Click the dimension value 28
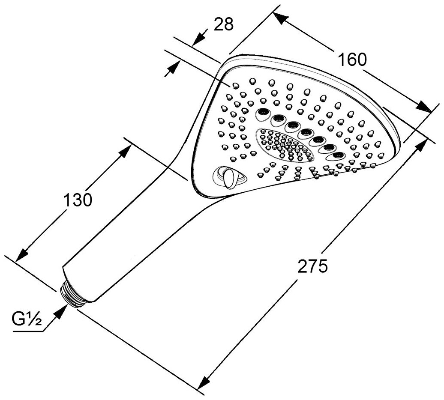click(223, 24)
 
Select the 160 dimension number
click(352, 59)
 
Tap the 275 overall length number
click(312, 266)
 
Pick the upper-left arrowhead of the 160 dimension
click(279, 18)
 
